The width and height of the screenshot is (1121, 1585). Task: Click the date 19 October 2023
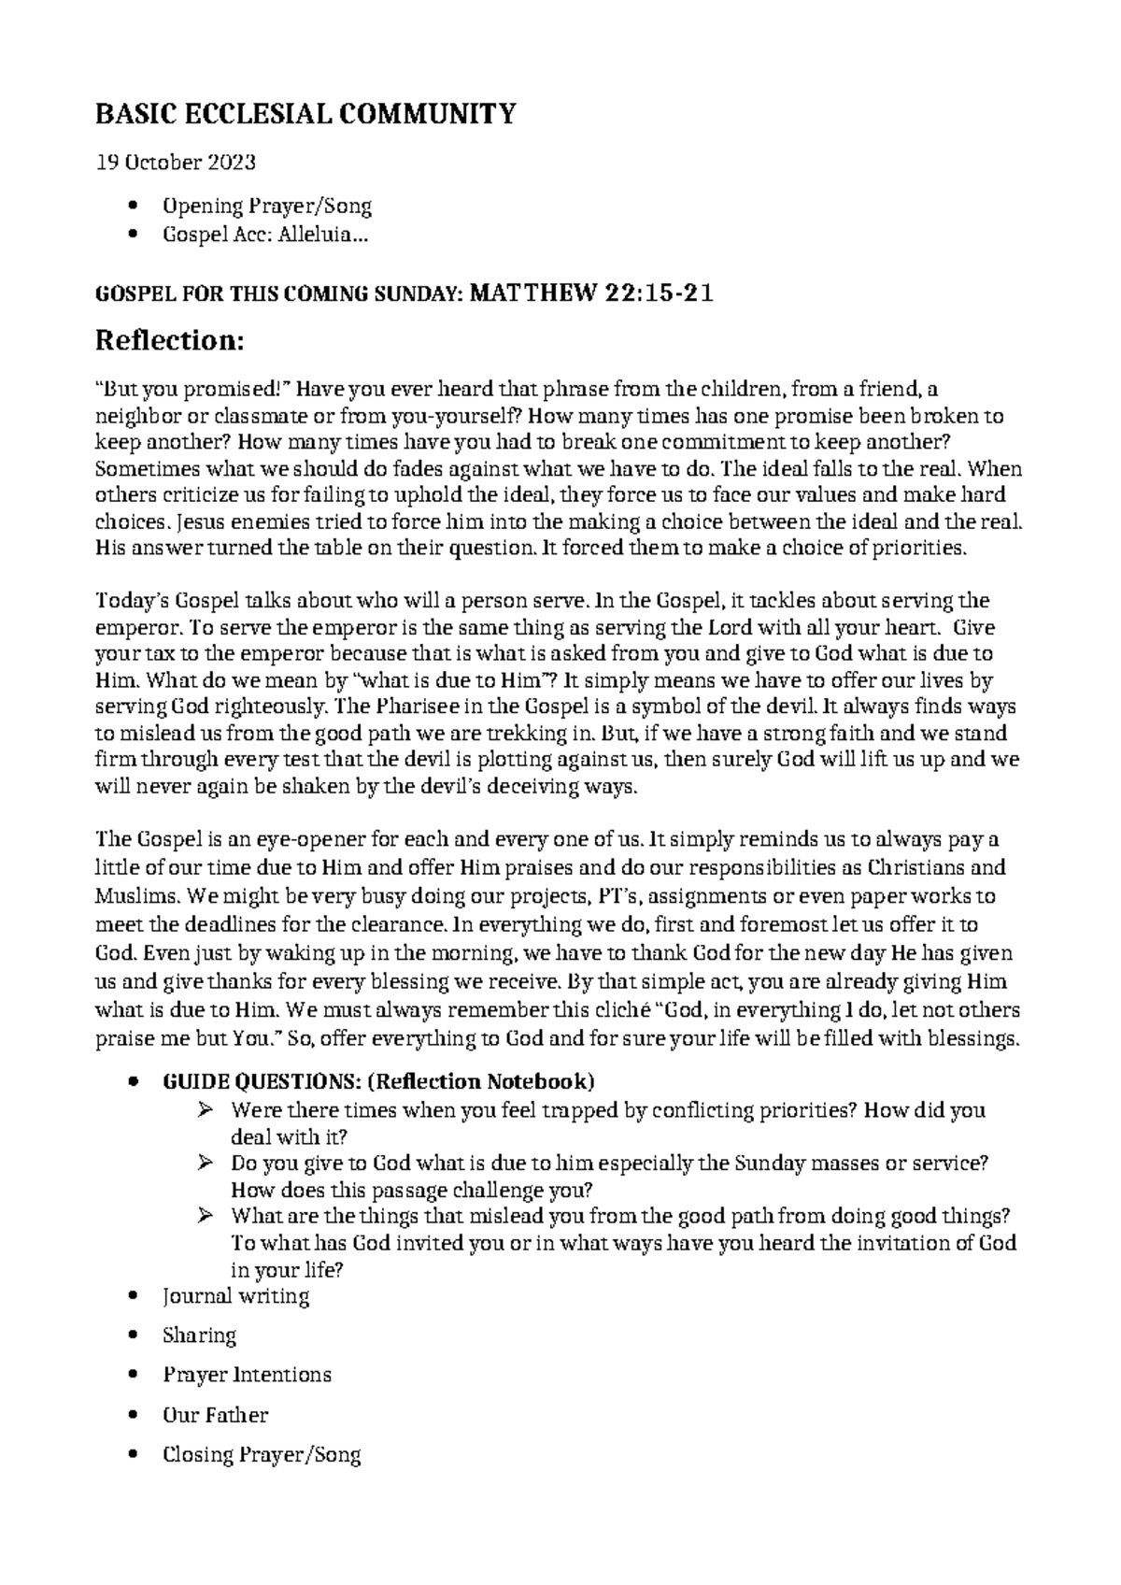coord(176,163)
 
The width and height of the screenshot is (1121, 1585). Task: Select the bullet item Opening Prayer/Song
coord(267,206)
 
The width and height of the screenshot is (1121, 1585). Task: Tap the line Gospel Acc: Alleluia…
coord(265,236)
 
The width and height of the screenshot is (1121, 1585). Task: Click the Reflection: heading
coord(170,341)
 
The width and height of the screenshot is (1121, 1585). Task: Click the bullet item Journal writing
coord(235,1295)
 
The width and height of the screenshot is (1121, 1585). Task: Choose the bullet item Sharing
coord(199,1335)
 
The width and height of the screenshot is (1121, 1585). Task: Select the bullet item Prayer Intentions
coord(247,1375)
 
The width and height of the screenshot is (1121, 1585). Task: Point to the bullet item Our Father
coord(215,1415)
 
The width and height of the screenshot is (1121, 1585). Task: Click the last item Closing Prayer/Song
coord(262,1454)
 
